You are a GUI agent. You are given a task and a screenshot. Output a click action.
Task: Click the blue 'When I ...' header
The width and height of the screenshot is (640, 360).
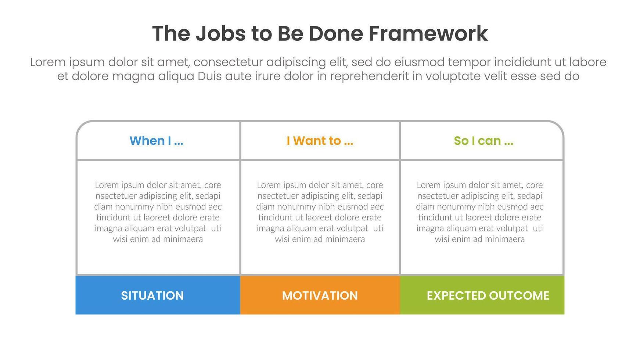click(x=157, y=141)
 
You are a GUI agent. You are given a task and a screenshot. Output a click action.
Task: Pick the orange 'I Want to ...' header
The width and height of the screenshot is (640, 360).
click(x=320, y=141)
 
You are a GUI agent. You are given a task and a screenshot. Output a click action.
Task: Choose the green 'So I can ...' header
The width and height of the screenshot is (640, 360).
click(x=483, y=141)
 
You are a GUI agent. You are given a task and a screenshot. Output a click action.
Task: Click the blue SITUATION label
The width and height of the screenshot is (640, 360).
click(x=152, y=296)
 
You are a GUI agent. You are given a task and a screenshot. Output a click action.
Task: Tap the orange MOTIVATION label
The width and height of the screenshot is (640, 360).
click(x=320, y=296)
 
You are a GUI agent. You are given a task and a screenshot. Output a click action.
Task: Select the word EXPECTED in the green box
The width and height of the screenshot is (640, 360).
click(x=456, y=296)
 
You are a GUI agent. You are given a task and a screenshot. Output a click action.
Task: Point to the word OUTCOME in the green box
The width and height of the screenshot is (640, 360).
click(x=519, y=296)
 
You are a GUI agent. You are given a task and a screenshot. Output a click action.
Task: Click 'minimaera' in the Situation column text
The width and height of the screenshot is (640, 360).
click(x=183, y=239)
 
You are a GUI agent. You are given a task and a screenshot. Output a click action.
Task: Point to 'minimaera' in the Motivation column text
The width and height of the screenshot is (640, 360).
click(x=345, y=239)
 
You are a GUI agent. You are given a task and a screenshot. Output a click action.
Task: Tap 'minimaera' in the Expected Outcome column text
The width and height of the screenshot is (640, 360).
click(x=504, y=239)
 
